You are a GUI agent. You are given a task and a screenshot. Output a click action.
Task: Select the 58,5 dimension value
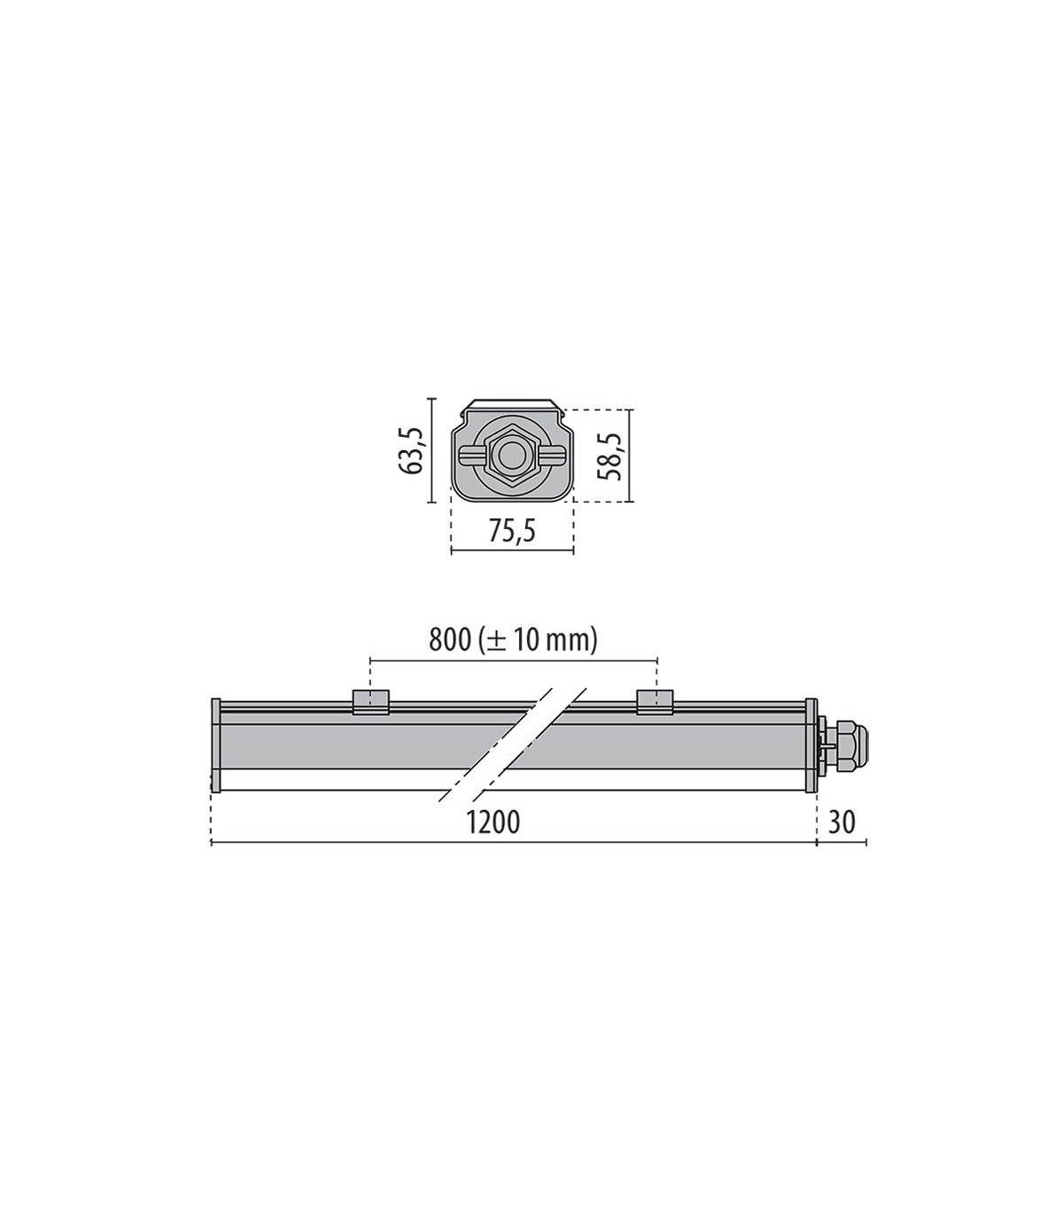tap(609, 456)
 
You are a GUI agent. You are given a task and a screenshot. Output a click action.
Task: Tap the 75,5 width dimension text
tap(512, 531)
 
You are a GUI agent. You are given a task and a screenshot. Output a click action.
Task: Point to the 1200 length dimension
tap(493, 822)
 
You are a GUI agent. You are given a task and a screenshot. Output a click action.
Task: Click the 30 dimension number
tap(842, 822)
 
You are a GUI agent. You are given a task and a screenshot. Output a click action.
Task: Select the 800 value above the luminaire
tap(449, 641)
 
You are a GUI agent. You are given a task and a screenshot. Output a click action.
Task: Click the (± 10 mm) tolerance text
tap(537, 642)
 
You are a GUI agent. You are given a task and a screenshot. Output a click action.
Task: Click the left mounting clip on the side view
tap(370, 702)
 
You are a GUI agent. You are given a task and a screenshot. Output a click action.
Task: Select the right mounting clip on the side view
tap(655, 702)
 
